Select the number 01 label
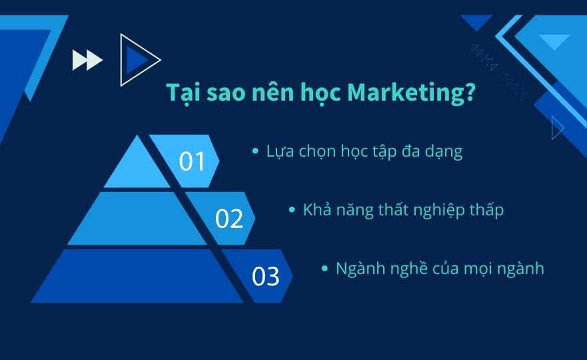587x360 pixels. coord(192,161)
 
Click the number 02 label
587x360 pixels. coord(229,219)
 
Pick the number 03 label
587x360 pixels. coord(265,277)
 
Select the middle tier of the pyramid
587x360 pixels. coord(137,219)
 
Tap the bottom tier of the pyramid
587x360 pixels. coord(137,276)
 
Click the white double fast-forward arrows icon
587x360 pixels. coord(87,60)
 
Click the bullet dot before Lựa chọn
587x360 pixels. coord(256,151)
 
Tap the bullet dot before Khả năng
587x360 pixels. coord(293,209)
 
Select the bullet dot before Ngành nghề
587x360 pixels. coord(325,268)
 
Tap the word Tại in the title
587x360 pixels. coord(183,93)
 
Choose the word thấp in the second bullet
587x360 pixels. coord(486,210)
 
